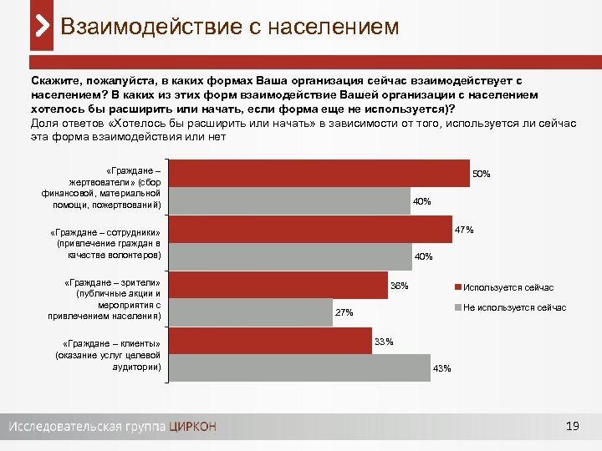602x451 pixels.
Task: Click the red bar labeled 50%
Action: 318,174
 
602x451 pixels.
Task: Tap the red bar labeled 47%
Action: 309,230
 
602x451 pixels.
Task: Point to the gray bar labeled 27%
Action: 251,312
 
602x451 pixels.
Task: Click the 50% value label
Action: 481,175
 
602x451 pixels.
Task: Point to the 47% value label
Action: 464,230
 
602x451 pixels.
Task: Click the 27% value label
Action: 344,313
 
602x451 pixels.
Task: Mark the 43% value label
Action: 441,369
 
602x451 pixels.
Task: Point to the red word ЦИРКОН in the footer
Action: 192,427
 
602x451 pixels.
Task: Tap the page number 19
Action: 572,427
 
